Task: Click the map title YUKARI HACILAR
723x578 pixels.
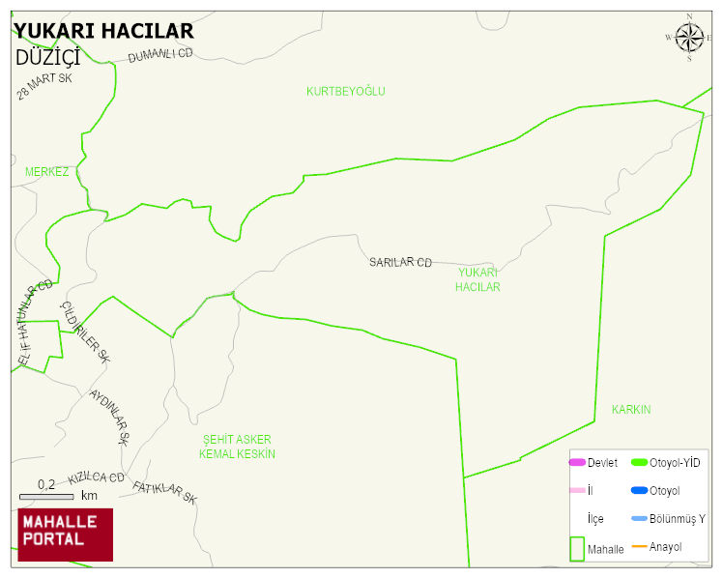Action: tap(103, 31)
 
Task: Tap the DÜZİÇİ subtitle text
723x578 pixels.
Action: tap(47, 57)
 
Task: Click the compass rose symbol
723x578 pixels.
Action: tap(689, 38)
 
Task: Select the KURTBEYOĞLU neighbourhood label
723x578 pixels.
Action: tap(345, 92)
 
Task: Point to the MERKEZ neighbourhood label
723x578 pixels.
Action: tap(46, 172)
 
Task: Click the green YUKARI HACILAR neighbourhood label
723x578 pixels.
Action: tap(478, 280)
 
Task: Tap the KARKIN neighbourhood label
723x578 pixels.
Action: tap(631, 410)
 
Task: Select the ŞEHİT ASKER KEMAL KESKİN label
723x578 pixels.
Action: tap(237, 447)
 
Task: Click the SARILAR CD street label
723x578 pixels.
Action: tap(400, 262)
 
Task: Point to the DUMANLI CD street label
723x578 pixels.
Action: tap(160, 55)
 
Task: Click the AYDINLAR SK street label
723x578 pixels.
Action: tap(109, 417)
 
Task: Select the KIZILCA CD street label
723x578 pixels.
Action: tap(96, 478)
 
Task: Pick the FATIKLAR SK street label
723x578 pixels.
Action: tap(164, 493)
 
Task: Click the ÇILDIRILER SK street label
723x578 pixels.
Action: tap(86, 332)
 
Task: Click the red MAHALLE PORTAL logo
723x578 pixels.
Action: tap(65, 535)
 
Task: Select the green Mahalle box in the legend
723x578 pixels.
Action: tap(576, 548)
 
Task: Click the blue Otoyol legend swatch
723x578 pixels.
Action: tap(639, 491)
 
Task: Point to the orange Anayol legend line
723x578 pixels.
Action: tap(639, 547)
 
